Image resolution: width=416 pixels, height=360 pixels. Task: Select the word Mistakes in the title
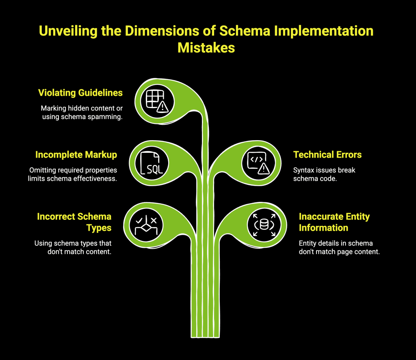point(206,47)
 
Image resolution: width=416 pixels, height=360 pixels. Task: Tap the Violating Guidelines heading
point(80,93)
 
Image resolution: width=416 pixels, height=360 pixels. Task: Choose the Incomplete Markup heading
point(76,155)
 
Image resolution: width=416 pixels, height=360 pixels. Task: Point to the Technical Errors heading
point(327,155)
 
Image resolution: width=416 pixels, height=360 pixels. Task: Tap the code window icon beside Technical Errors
point(258,163)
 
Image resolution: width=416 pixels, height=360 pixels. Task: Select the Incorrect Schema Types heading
point(74,222)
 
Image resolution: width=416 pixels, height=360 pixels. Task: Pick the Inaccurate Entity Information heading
point(334,222)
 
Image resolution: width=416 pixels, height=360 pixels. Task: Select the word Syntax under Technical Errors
point(303,170)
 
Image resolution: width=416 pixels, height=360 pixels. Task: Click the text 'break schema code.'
point(315,179)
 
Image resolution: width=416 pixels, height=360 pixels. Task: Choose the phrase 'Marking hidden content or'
point(81,108)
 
